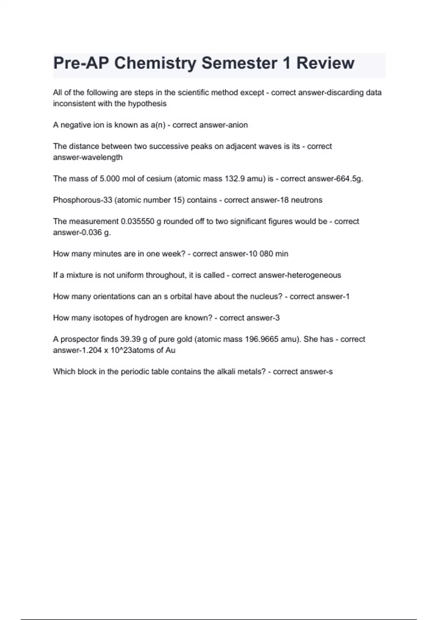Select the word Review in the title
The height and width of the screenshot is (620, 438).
[325, 63]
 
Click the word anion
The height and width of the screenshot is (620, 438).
[238, 125]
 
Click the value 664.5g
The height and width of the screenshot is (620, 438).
[347, 179]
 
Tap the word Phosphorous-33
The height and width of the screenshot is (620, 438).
[82, 200]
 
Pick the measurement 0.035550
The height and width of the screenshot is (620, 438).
[138, 221]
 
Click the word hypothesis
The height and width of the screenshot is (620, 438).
[147, 104]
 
